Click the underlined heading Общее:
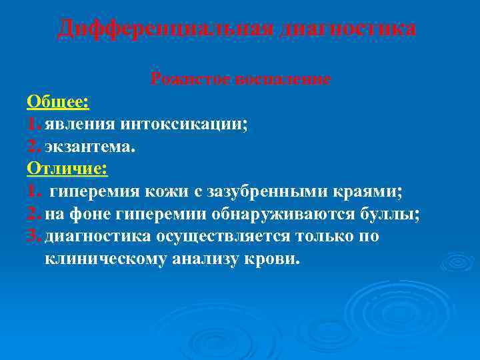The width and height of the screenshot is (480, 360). point(59,101)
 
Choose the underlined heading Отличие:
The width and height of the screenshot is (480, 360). point(67,169)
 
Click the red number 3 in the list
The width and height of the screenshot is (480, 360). point(33,237)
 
